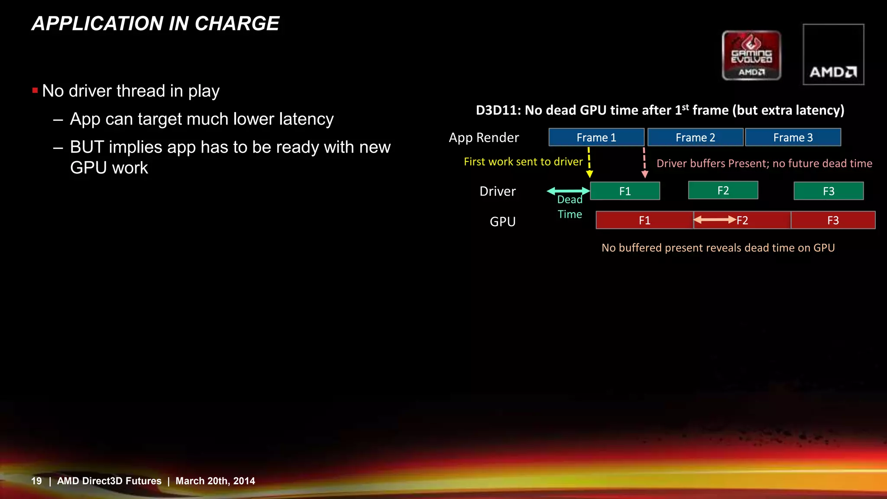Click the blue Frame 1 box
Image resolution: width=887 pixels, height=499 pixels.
596,137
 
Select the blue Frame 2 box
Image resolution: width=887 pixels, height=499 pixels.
695,137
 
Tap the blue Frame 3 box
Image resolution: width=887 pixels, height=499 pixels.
793,137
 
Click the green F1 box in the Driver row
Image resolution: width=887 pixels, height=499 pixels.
625,191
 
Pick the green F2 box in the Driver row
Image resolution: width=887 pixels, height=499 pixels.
723,190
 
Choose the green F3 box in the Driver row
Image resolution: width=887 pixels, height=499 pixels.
828,191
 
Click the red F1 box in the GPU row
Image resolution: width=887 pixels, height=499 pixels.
644,220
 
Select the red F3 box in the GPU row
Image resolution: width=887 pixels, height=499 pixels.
833,220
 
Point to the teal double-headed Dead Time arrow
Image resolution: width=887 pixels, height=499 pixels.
568,191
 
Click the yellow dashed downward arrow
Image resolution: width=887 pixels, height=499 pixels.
589,162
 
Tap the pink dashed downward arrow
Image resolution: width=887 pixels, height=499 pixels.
644,162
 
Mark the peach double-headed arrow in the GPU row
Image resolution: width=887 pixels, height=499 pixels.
715,220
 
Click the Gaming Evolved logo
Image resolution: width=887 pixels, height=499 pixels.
751,55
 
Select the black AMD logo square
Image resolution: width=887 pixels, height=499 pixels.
833,54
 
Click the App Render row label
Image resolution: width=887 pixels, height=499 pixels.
483,138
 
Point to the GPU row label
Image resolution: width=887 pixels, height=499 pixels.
502,221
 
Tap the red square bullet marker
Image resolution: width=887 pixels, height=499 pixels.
35,91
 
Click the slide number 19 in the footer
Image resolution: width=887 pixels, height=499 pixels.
36,481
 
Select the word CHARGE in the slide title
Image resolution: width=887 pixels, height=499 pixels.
237,23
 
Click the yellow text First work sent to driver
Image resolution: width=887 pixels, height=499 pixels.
523,162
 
